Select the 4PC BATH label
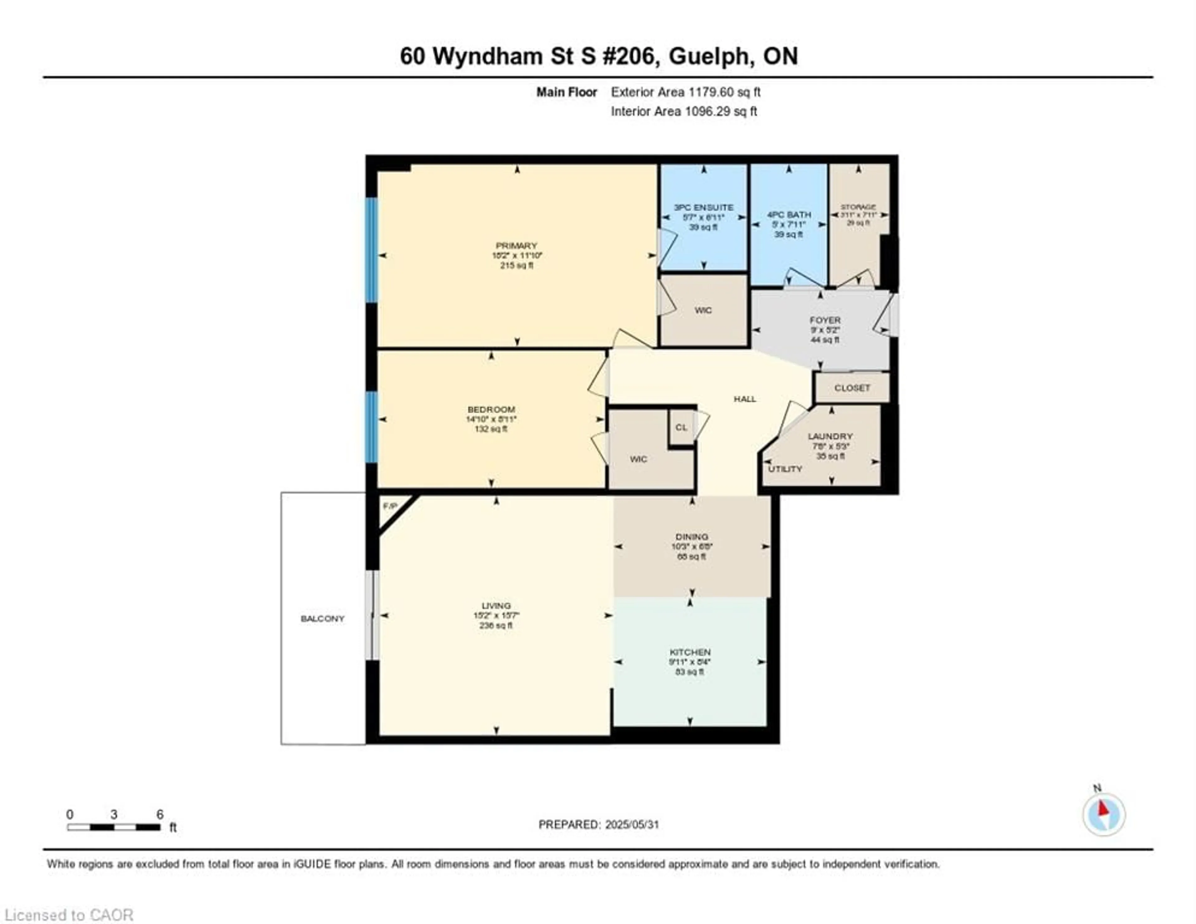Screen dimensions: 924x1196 [x=789, y=215]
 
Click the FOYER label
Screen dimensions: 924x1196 [x=825, y=320]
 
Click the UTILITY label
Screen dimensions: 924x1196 [x=785, y=469]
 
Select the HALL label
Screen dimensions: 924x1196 [x=745, y=399]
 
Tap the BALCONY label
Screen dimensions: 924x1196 [x=323, y=618]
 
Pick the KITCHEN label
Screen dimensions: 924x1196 [x=690, y=652]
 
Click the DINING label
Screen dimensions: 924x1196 [x=692, y=537]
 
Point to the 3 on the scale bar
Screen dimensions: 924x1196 [x=114, y=814]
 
